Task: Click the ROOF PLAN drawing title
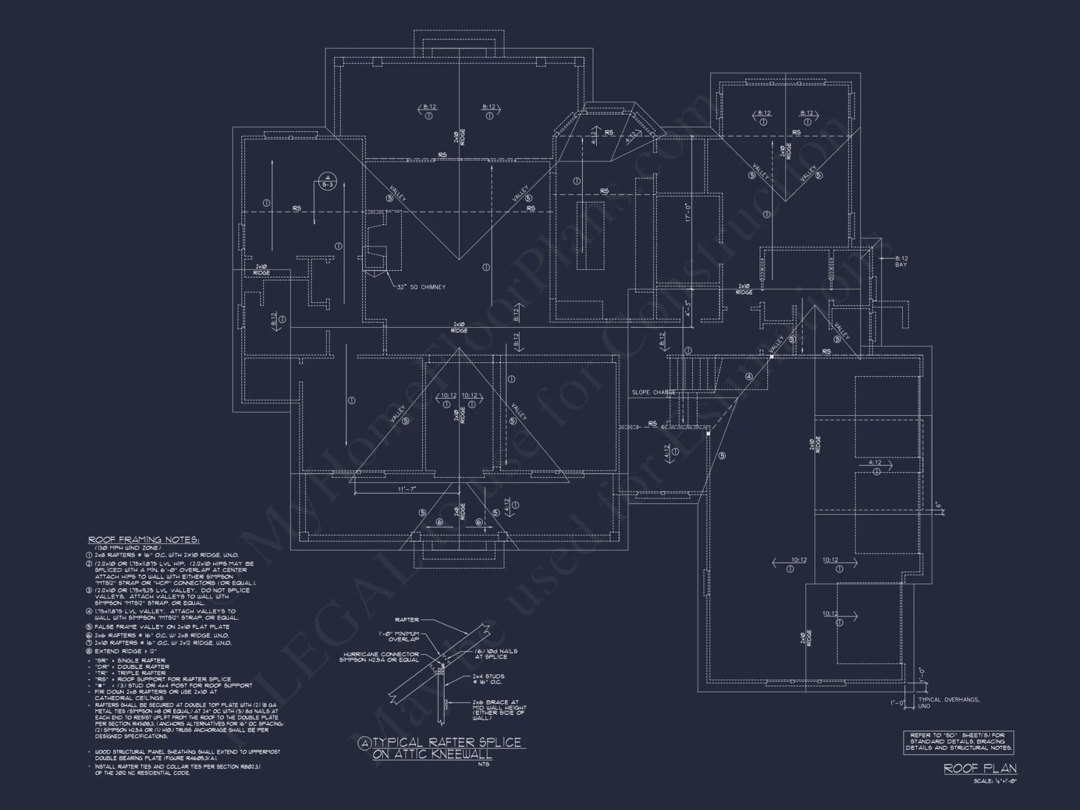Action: click(x=980, y=768)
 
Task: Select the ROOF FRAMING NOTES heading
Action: click(x=144, y=539)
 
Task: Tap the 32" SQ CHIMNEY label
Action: click(x=421, y=287)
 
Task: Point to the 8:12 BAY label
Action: click(x=901, y=261)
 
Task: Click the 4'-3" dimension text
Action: click(x=687, y=308)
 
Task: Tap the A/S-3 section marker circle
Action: click(x=327, y=181)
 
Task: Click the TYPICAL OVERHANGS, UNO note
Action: click(x=948, y=703)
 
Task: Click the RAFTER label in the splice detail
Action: click(x=407, y=620)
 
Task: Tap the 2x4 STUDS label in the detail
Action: click(x=488, y=679)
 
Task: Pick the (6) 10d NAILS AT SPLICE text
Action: click(x=496, y=654)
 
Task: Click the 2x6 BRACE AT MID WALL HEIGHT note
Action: click(x=500, y=710)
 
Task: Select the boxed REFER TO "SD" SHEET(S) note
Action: click(x=958, y=742)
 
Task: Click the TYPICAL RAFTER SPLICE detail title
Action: click(x=441, y=748)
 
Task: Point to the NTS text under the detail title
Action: click(x=483, y=764)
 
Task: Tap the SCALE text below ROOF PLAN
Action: click(x=995, y=781)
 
